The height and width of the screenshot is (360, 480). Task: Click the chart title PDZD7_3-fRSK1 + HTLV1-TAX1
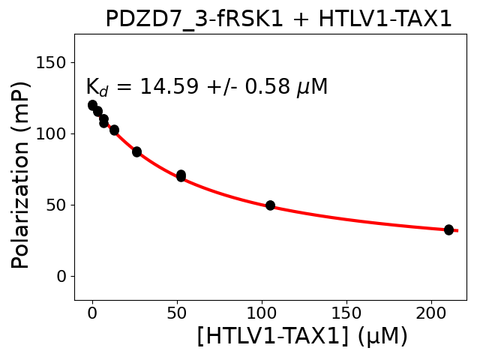278,19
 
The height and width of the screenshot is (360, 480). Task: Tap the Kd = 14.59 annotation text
206,88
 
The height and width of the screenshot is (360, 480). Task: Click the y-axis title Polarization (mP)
21,174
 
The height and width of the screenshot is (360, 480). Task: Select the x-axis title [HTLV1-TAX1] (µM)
302,336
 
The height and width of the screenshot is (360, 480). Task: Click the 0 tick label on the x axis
92,313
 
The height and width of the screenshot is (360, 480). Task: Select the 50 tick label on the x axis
177,313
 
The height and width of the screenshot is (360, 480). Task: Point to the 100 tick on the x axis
262,313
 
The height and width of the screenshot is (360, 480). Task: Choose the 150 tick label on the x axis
346,313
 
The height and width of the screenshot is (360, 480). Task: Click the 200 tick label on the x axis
431,313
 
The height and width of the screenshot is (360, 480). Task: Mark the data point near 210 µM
448,229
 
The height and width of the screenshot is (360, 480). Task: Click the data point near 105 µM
270,205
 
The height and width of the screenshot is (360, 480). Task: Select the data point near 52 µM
181,175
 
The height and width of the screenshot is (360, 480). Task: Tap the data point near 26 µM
136,151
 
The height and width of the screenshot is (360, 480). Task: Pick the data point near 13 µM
114,130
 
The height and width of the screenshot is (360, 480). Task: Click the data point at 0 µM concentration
92,105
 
